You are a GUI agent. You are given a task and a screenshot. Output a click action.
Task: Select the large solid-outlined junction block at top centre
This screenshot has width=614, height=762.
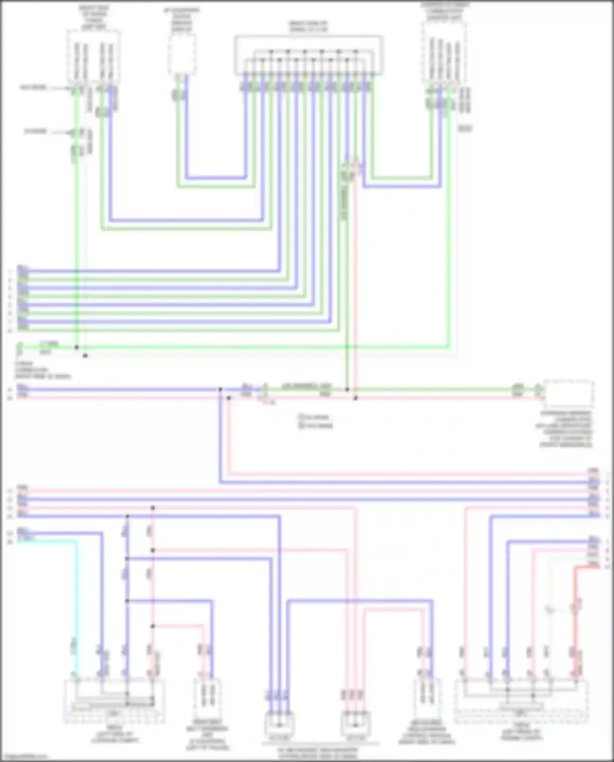tap(309, 55)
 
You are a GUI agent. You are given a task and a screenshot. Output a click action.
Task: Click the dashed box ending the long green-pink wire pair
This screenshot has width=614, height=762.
tap(569, 393)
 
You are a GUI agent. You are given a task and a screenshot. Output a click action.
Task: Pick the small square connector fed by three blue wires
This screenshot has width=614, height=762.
tap(279, 725)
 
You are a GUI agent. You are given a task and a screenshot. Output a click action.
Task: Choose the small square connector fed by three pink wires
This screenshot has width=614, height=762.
tap(355, 725)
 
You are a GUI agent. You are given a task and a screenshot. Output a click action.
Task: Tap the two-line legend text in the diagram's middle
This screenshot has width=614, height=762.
tap(315, 421)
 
